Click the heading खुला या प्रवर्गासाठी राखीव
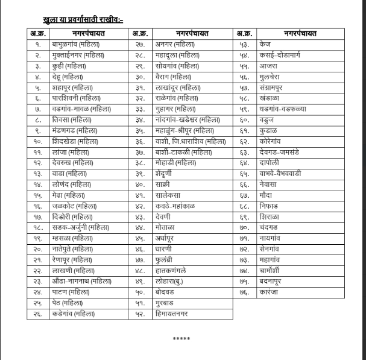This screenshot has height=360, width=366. click(x=83, y=19)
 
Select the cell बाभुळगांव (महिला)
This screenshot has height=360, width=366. click(x=75, y=45)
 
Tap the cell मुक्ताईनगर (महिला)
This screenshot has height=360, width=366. click(x=78, y=55)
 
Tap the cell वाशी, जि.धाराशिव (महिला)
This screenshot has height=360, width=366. click(x=189, y=141)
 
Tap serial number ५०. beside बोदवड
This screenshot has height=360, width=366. click(x=139, y=292)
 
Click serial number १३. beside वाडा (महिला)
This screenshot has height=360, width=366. click(x=37, y=174)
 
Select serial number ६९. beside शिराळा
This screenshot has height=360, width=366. click(x=244, y=216)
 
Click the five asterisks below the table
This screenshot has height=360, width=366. click(x=181, y=338)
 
